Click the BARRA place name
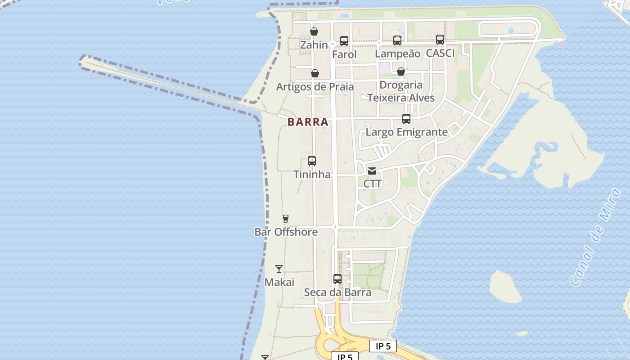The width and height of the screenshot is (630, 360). point(308,122)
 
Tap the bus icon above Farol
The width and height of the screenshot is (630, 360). point(344,41)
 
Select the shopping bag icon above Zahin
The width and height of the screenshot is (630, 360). point(314,31)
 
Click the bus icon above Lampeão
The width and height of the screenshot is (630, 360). point(397,40)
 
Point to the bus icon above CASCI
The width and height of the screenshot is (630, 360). point(440,40)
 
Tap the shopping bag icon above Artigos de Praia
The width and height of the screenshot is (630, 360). point(315,73)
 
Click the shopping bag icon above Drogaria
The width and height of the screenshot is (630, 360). point(401,72)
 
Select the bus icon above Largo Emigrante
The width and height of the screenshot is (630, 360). point(406,119)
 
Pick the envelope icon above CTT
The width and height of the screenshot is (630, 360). point(372,171)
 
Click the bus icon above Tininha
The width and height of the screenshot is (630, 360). point(312,161)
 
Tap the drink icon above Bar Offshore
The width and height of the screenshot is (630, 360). point(285,219)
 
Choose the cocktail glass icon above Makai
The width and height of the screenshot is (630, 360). point(279,269)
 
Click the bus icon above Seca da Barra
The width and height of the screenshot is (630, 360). point(337,279)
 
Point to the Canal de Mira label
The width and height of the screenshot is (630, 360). point(596,237)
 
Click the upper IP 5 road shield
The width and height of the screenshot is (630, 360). point(383,346)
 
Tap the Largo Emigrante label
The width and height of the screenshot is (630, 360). point(407,132)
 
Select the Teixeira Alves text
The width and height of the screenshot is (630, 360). point(401,98)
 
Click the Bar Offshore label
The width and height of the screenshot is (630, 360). point(286,232)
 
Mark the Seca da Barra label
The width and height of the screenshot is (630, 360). point(338,292)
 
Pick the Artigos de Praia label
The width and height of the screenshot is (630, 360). point(315,86)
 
